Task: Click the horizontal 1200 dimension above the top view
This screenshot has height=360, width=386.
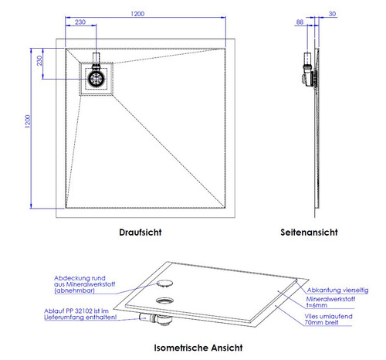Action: click(x=137, y=14)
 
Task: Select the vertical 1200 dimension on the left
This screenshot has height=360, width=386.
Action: click(x=27, y=121)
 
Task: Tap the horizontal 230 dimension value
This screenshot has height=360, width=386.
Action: click(x=80, y=22)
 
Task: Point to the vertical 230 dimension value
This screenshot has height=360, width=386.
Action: click(x=39, y=61)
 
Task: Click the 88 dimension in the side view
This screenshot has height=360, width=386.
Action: click(x=300, y=22)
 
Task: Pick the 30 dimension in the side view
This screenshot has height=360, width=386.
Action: click(x=332, y=14)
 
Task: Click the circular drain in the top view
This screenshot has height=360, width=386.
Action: click(x=96, y=79)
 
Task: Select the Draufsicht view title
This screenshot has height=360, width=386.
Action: click(x=141, y=233)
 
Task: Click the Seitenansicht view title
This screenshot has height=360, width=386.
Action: click(x=309, y=233)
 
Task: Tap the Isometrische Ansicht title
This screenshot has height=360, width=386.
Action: click(x=198, y=348)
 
